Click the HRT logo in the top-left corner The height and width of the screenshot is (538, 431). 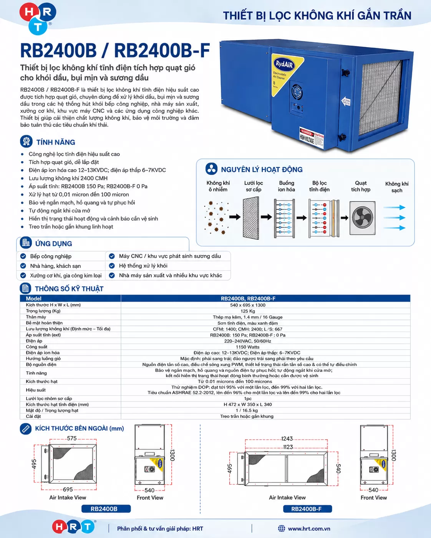coord(38,18)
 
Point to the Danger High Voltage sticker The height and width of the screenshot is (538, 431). coord(312,137)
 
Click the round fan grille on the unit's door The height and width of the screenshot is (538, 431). coord(297,91)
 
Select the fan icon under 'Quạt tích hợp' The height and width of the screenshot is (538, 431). coord(362,218)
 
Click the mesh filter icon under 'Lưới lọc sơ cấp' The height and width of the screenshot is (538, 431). coord(251,218)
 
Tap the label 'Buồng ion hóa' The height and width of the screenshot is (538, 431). coord(286,186)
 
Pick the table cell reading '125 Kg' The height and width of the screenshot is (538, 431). coord(247,311)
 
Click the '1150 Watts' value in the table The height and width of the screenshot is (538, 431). coord(247,347)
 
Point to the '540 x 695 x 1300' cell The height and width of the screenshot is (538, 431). coord(247,305)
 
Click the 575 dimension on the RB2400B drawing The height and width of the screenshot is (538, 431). coord(72,438)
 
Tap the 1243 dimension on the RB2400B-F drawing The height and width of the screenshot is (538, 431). coord(287,439)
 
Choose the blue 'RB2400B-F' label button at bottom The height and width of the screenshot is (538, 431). coord(307,509)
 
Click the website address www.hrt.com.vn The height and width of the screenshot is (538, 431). coord(309,529)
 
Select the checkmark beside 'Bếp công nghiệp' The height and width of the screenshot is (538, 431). coord(23,256)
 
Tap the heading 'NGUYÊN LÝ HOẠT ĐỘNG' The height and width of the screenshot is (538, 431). coord(262,170)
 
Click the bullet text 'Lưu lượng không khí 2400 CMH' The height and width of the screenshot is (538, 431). coord(68,178)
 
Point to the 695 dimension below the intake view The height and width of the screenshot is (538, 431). coord(68,489)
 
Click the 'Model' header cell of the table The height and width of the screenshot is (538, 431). coord(33,299)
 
